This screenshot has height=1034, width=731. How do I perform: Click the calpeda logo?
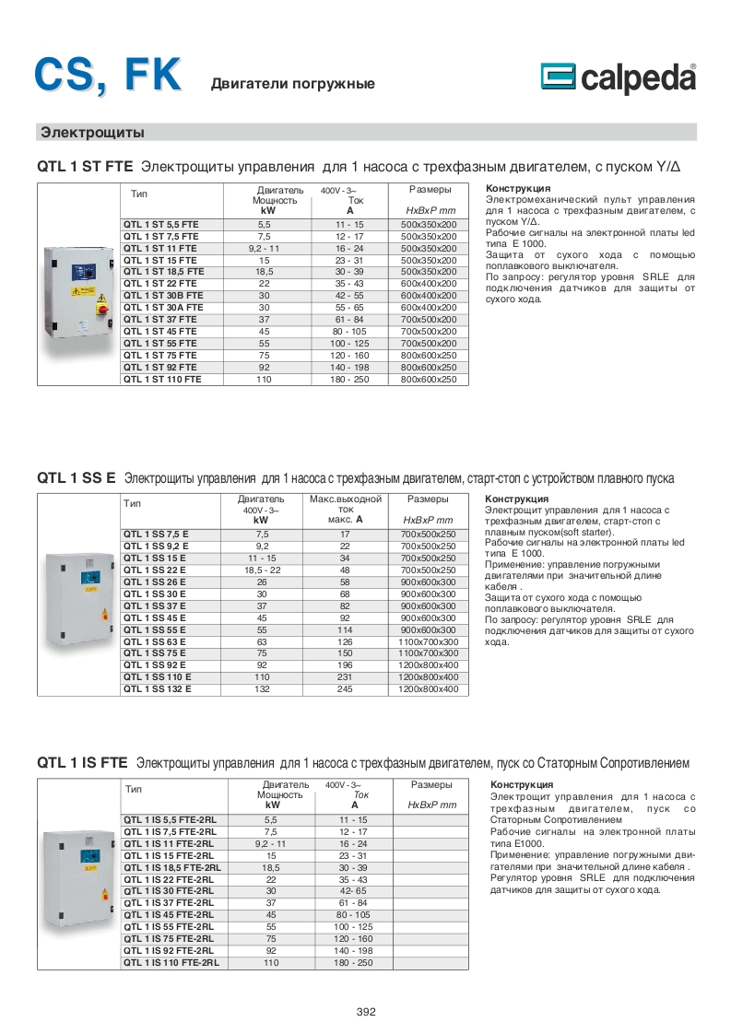(617, 79)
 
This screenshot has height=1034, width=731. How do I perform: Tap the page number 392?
(366, 1012)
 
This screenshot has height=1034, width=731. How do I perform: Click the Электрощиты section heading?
(92, 133)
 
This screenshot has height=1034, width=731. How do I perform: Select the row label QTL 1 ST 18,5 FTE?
(162, 272)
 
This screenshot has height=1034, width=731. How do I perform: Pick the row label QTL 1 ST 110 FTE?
(162, 379)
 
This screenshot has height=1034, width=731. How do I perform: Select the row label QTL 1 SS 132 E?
(158, 688)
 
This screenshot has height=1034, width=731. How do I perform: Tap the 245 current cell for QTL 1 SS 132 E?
(346, 688)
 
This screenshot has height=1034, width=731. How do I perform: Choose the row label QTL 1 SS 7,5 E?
(156, 534)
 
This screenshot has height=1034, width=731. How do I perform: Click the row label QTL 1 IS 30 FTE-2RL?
(168, 891)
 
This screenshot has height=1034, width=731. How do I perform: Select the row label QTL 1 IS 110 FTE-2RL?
(172, 962)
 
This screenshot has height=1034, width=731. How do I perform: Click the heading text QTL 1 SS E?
(76, 478)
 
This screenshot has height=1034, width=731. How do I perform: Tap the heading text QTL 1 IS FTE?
(82, 763)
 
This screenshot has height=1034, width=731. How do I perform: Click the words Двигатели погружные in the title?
(293, 84)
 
